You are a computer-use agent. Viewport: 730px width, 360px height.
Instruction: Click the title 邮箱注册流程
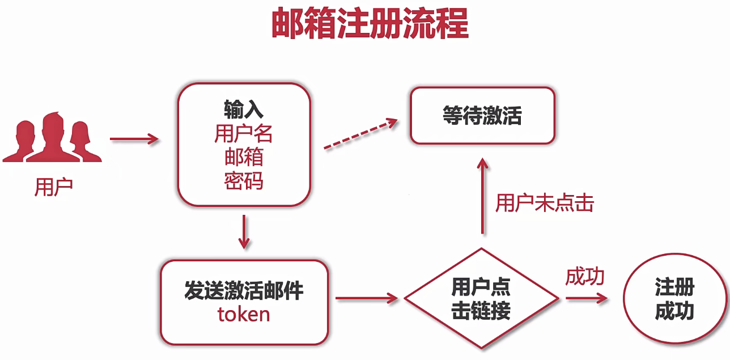(x=370, y=24)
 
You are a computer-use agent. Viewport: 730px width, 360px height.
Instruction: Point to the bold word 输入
(x=244, y=108)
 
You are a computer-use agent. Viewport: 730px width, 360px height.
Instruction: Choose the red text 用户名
(x=244, y=133)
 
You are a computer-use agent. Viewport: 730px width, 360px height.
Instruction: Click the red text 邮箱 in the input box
(x=244, y=157)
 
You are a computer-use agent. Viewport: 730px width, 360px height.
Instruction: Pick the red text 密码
(x=244, y=181)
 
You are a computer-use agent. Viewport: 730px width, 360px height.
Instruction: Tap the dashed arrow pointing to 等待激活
(x=360, y=134)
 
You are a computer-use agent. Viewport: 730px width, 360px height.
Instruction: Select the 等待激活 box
(x=482, y=116)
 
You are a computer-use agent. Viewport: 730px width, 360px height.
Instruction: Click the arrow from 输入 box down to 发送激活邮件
(x=244, y=231)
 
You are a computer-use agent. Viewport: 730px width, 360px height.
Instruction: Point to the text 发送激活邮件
(x=244, y=290)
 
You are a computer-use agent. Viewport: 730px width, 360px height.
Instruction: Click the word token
(x=244, y=314)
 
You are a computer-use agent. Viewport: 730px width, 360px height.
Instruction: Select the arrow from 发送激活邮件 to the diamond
(x=366, y=298)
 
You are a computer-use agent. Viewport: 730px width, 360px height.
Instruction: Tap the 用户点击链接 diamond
(x=481, y=298)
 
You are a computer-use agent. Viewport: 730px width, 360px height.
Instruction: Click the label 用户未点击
(x=544, y=203)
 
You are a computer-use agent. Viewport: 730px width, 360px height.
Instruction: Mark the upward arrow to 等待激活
(x=482, y=196)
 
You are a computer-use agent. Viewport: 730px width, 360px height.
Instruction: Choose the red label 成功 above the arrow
(x=585, y=277)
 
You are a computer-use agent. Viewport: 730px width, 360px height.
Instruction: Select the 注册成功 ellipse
(x=674, y=298)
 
